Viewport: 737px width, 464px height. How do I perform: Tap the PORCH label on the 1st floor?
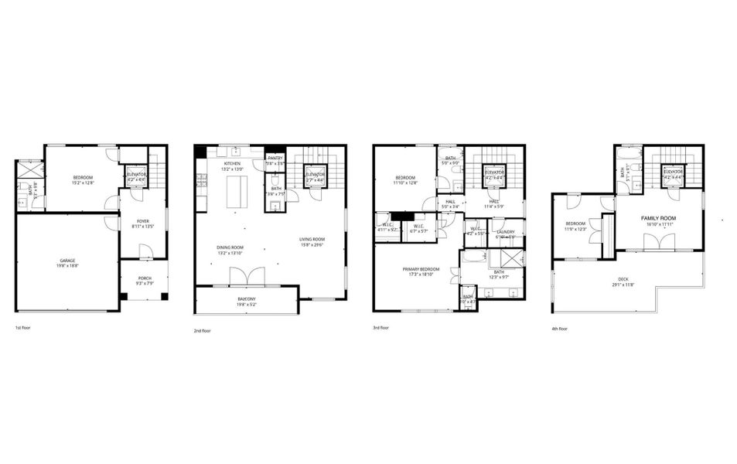[145, 278]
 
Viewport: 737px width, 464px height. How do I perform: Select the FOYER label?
[143, 221]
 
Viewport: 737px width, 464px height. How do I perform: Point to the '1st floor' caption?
[23, 326]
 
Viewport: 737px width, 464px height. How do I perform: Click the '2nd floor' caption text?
[202, 330]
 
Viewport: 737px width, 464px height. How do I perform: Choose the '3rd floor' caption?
[382, 327]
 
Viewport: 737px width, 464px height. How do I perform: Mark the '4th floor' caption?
[560, 328]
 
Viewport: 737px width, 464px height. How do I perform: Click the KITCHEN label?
[233, 164]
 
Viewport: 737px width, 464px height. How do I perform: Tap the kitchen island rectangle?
[237, 192]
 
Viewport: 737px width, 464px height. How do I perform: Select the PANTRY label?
[275, 158]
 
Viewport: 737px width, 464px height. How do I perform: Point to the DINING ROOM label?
[230, 248]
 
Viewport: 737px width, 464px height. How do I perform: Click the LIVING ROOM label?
[312, 239]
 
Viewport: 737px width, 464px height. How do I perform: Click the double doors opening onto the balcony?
[247, 276]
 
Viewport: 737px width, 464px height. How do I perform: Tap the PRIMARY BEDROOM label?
[416, 269]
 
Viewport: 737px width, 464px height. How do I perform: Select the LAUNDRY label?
[506, 231]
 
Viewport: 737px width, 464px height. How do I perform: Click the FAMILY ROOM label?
[658, 219]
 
